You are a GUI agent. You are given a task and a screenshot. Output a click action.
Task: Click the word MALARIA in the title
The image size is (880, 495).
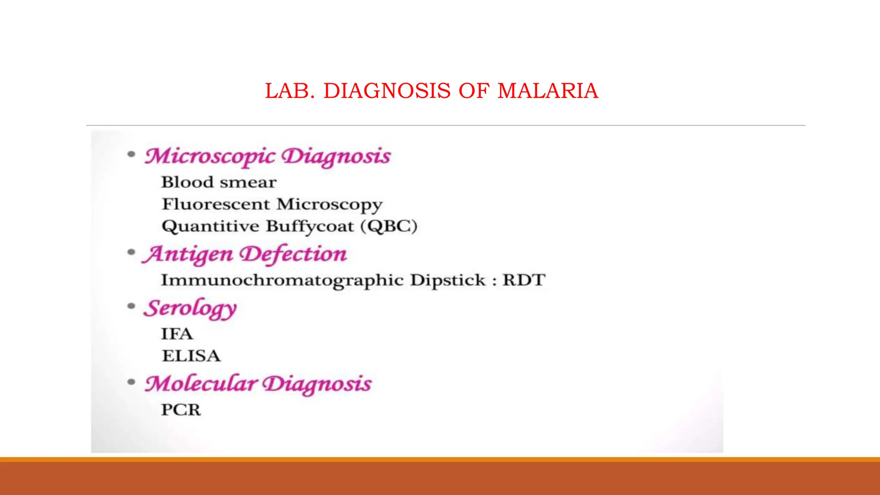click(x=547, y=91)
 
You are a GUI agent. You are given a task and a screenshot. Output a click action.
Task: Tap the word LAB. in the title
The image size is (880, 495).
click(x=290, y=91)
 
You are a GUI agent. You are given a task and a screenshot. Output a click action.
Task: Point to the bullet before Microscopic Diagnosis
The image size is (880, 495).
click(x=131, y=154)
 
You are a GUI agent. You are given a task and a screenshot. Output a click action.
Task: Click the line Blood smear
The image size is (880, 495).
click(x=219, y=182)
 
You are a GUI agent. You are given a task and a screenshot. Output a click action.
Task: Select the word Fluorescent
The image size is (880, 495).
click(x=216, y=204)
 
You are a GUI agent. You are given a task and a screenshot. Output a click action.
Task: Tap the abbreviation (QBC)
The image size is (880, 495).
click(x=389, y=226)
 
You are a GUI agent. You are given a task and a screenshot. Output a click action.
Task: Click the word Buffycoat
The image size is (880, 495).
click(x=310, y=226)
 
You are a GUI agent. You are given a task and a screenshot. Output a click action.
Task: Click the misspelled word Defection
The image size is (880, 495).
click(x=293, y=254)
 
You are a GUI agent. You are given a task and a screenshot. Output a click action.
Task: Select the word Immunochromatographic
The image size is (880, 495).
click(x=282, y=281)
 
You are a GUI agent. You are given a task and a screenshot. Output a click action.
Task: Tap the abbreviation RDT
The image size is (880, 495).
click(x=524, y=280)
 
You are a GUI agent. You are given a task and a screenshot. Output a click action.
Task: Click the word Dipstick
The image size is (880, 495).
click(x=448, y=280)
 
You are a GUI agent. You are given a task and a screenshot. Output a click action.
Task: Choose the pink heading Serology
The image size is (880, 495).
click(x=190, y=309)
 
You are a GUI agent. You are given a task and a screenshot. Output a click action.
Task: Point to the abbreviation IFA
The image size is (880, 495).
click(x=177, y=334)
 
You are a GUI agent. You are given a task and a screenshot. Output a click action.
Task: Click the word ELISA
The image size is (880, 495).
click(x=191, y=356)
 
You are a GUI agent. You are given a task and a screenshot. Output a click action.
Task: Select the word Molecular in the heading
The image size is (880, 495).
click(x=201, y=384)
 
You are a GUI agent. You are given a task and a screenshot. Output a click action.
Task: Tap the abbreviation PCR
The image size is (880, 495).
click(x=181, y=410)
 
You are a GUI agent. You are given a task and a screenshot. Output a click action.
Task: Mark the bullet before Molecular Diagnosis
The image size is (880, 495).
click(x=131, y=382)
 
